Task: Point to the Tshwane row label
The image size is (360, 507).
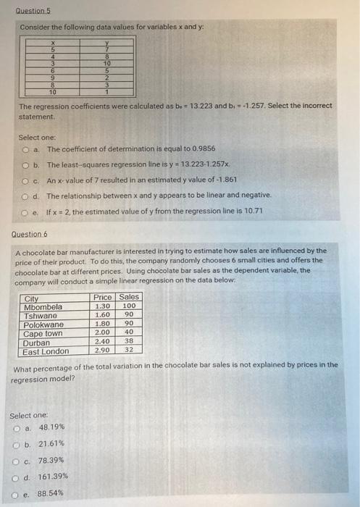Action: (x=43, y=315)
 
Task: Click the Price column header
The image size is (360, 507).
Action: (x=103, y=297)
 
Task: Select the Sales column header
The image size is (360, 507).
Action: (x=129, y=297)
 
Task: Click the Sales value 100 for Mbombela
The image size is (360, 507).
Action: (x=130, y=306)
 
